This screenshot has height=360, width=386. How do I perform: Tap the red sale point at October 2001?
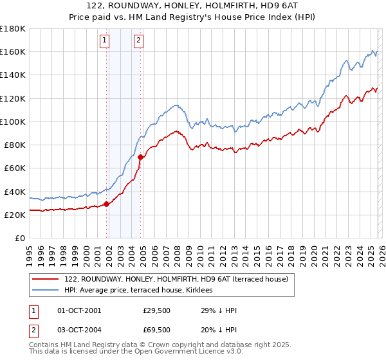(106, 204)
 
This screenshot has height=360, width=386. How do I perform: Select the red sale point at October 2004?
(140, 157)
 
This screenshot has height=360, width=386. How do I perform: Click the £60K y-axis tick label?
(15, 168)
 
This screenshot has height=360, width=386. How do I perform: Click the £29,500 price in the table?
(157, 310)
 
